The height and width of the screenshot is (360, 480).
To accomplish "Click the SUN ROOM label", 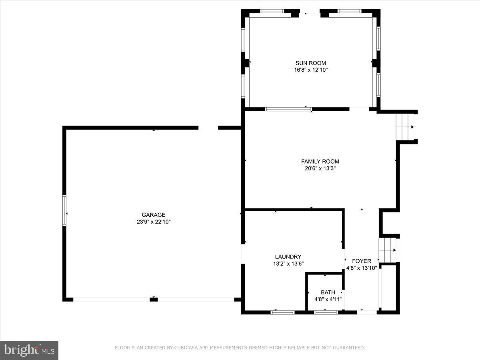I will tap(311, 63).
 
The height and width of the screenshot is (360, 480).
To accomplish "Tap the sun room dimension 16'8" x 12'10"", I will tap(311, 70).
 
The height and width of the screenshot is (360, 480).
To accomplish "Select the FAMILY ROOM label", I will tap(320, 162).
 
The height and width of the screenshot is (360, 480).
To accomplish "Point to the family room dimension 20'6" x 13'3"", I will tap(320, 169).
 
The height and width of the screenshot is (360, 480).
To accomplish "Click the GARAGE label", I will tap(153, 215).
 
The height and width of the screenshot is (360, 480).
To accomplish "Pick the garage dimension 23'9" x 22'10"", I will tap(153, 222).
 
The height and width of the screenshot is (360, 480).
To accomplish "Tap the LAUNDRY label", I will tap(288, 257).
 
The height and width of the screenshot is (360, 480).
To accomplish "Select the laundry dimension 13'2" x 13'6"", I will tap(288, 264).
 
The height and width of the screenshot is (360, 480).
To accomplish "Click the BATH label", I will tap(328, 292).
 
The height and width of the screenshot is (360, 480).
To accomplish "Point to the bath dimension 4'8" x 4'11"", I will tap(328, 299).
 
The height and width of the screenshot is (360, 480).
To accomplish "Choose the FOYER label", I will tap(362, 261).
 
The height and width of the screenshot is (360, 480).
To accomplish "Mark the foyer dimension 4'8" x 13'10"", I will tap(362, 268).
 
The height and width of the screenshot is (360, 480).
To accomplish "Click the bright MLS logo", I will tap(29, 350).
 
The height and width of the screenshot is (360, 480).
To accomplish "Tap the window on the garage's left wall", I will tap(64, 210).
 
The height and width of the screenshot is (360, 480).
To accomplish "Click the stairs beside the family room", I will tap(405, 126).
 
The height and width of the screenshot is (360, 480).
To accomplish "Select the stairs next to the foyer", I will tap(388, 250).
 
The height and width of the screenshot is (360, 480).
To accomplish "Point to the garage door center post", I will tap(154, 299).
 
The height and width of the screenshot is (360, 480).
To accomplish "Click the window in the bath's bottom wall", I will tap(326, 312).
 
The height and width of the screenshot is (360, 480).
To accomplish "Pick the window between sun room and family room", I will tap(288, 109).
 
